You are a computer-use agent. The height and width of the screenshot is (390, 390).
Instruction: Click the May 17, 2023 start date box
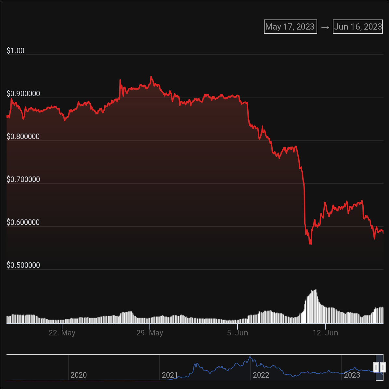[290, 27]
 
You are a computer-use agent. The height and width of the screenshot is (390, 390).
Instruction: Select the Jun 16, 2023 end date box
[358, 27]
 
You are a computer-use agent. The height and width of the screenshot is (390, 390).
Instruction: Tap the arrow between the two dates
[325, 27]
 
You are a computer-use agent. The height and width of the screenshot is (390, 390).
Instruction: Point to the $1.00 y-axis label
[15, 51]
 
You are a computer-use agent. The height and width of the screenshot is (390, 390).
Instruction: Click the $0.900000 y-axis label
[23, 94]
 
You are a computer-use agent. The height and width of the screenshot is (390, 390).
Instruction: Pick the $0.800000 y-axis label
[23, 136]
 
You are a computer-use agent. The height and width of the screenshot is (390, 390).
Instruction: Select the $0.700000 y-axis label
[23, 179]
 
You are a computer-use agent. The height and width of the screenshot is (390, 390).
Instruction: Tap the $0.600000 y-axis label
[23, 222]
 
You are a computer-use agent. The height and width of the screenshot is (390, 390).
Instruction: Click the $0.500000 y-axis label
[23, 265]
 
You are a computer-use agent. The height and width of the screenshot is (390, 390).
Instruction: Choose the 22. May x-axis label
[62, 333]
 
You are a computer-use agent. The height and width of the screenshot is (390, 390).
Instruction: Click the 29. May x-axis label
[150, 333]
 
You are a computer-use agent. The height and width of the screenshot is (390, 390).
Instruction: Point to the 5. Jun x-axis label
[238, 333]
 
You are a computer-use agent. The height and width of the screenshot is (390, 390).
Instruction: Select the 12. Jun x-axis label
[325, 333]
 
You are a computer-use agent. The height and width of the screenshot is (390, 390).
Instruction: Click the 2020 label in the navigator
[79, 375]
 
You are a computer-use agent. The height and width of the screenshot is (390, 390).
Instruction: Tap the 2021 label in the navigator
[170, 375]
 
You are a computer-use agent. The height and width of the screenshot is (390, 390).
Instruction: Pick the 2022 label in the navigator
[261, 375]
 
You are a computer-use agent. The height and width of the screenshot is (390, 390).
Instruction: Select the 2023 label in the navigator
[352, 375]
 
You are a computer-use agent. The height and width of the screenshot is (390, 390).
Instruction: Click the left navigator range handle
[376, 367]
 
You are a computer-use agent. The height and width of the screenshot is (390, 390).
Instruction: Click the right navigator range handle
[383, 367]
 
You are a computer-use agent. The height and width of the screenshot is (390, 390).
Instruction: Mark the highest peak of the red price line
[151, 77]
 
